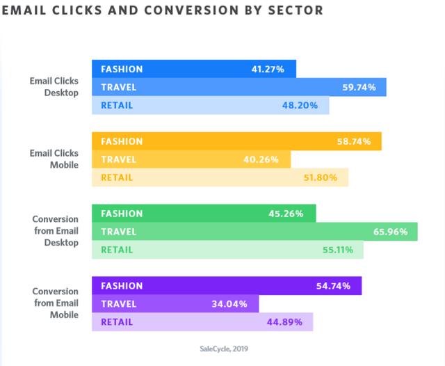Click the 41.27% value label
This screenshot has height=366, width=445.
(269, 69)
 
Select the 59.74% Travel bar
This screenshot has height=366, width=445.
(240, 87)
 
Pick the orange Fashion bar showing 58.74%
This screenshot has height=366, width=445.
(236, 141)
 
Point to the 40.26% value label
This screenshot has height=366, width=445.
(261, 159)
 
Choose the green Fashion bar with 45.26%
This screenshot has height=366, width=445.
(204, 214)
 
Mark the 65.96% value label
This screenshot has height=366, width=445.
(389, 232)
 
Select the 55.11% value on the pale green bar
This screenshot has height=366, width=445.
(336, 250)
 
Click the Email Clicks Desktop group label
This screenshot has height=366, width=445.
(54, 87)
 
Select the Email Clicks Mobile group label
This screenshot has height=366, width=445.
(54, 159)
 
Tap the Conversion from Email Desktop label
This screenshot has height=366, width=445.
(55, 232)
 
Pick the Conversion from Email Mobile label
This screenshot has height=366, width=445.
(55, 304)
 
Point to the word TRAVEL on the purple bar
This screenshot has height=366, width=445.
(118, 304)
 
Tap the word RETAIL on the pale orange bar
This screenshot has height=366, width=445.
(117, 177)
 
